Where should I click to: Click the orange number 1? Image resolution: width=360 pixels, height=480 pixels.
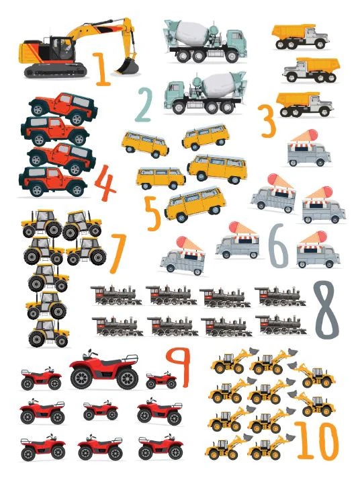point(102,69)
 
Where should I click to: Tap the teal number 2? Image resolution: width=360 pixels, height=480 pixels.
point(144,105)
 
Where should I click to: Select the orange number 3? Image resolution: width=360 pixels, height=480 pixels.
point(267,121)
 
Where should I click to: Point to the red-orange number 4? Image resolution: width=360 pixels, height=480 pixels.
point(105,183)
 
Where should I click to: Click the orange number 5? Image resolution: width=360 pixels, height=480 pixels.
point(153,213)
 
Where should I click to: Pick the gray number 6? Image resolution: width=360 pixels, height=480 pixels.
point(278,245)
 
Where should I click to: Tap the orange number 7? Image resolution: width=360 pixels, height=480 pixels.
point(118,253)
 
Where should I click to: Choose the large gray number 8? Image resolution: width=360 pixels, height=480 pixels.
point(326,310)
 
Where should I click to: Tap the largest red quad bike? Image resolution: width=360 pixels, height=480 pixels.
point(104,370)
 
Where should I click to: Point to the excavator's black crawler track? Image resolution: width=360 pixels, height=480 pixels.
point(55,71)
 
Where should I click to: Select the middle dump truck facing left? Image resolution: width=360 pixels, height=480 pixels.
point(312,70)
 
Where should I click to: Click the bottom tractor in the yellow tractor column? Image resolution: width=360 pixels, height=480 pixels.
point(48,333)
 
